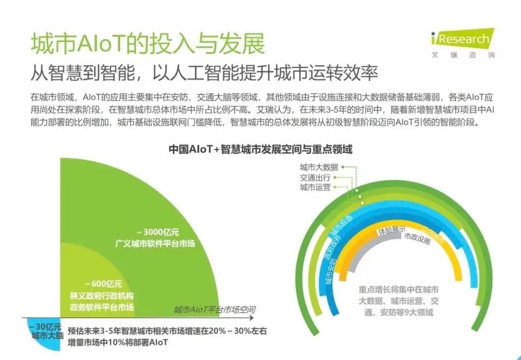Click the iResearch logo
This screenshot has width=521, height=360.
(x=463, y=38)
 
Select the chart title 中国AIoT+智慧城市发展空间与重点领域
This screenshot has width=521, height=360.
(x=260, y=149)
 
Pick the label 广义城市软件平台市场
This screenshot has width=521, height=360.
(x=155, y=243)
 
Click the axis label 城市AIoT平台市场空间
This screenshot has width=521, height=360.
(x=214, y=309)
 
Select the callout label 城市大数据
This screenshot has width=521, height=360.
(x=319, y=167)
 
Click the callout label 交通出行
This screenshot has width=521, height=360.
(x=315, y=178)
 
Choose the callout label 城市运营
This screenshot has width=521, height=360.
(x=315, y=187)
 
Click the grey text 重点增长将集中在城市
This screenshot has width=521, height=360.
(x=398, y=291)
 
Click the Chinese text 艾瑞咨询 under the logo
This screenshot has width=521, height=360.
(x=463, y=55)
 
